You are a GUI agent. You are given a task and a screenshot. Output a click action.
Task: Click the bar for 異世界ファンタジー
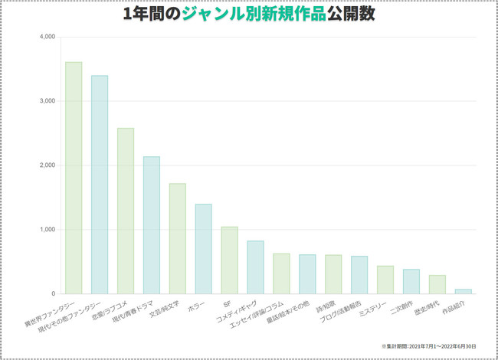tap(74, 178)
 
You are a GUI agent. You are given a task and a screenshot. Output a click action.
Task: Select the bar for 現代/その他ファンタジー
tap(100, 185)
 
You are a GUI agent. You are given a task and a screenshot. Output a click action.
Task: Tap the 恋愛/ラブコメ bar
tap(126, 211)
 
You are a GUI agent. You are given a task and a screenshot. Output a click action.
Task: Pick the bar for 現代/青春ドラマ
tap(152, 225)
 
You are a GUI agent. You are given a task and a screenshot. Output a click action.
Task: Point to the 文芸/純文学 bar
tap(178, 238)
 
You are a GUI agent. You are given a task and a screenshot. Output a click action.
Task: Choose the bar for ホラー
tap(203, 249)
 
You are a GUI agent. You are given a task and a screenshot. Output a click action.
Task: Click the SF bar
tap(229, 260)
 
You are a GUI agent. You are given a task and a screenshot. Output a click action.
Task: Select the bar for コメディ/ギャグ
tap(255, 267)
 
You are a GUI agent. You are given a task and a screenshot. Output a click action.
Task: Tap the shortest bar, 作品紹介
tap(464, 291)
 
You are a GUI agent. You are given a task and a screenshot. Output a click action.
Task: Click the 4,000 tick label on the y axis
tap(47, 37)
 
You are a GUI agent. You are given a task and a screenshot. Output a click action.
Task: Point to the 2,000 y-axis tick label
tap(47, 165)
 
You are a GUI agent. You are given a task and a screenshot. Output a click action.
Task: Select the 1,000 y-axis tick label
tap(47, 230)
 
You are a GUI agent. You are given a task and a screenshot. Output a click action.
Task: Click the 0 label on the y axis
tap(53, 294)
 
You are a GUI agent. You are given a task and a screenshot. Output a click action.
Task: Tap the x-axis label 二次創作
tap(406, 308)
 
